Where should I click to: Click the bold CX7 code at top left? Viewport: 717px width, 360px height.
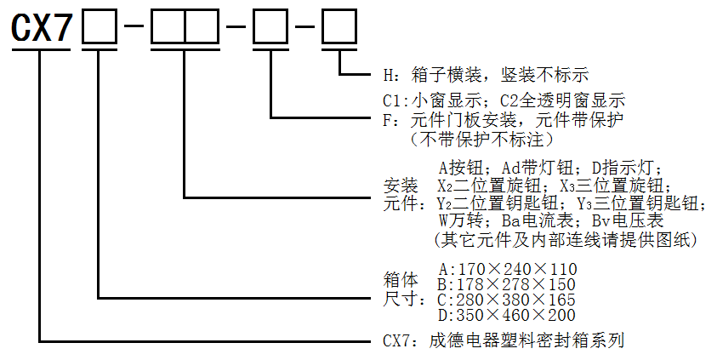(42, 27)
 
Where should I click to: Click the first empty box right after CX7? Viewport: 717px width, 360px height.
(100, 27)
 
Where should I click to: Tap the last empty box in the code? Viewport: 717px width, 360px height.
(339, 27)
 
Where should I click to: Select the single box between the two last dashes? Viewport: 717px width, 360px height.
(270, 27)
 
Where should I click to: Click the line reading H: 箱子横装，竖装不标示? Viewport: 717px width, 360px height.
(486, 75)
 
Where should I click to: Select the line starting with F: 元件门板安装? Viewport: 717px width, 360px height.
(503, 120)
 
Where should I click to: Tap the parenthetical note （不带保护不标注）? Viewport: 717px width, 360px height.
(481, 139)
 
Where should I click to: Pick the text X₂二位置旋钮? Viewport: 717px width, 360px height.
(496, 186)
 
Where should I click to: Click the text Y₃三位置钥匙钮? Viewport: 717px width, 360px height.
(638, 203)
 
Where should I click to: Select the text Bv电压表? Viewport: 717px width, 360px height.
(628, 221)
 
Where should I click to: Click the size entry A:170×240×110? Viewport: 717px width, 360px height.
(508, 269)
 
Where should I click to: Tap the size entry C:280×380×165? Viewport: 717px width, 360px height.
(507, 300)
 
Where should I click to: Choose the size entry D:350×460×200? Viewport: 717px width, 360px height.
(507, 315)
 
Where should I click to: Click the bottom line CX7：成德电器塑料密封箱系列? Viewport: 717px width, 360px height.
(504, 340)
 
